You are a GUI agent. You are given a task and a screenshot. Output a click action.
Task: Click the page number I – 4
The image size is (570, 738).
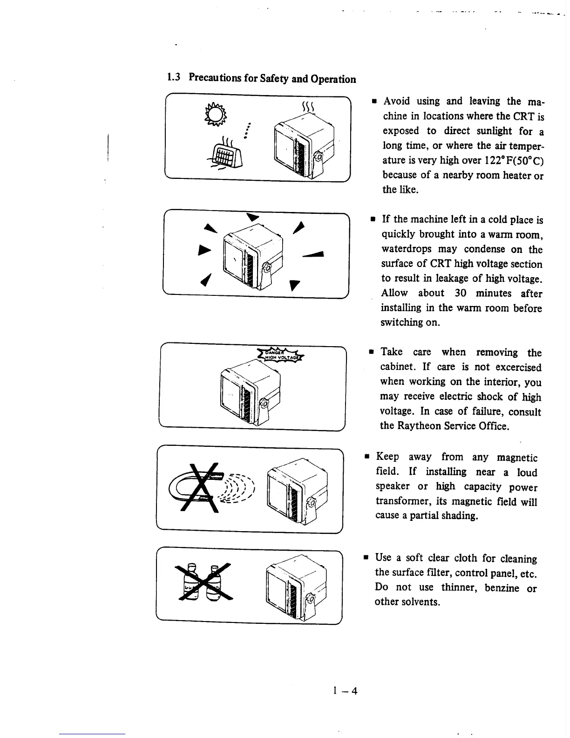click(x=345, y=690)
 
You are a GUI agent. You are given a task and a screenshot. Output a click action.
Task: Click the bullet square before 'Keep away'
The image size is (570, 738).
click(x=367, y=457)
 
